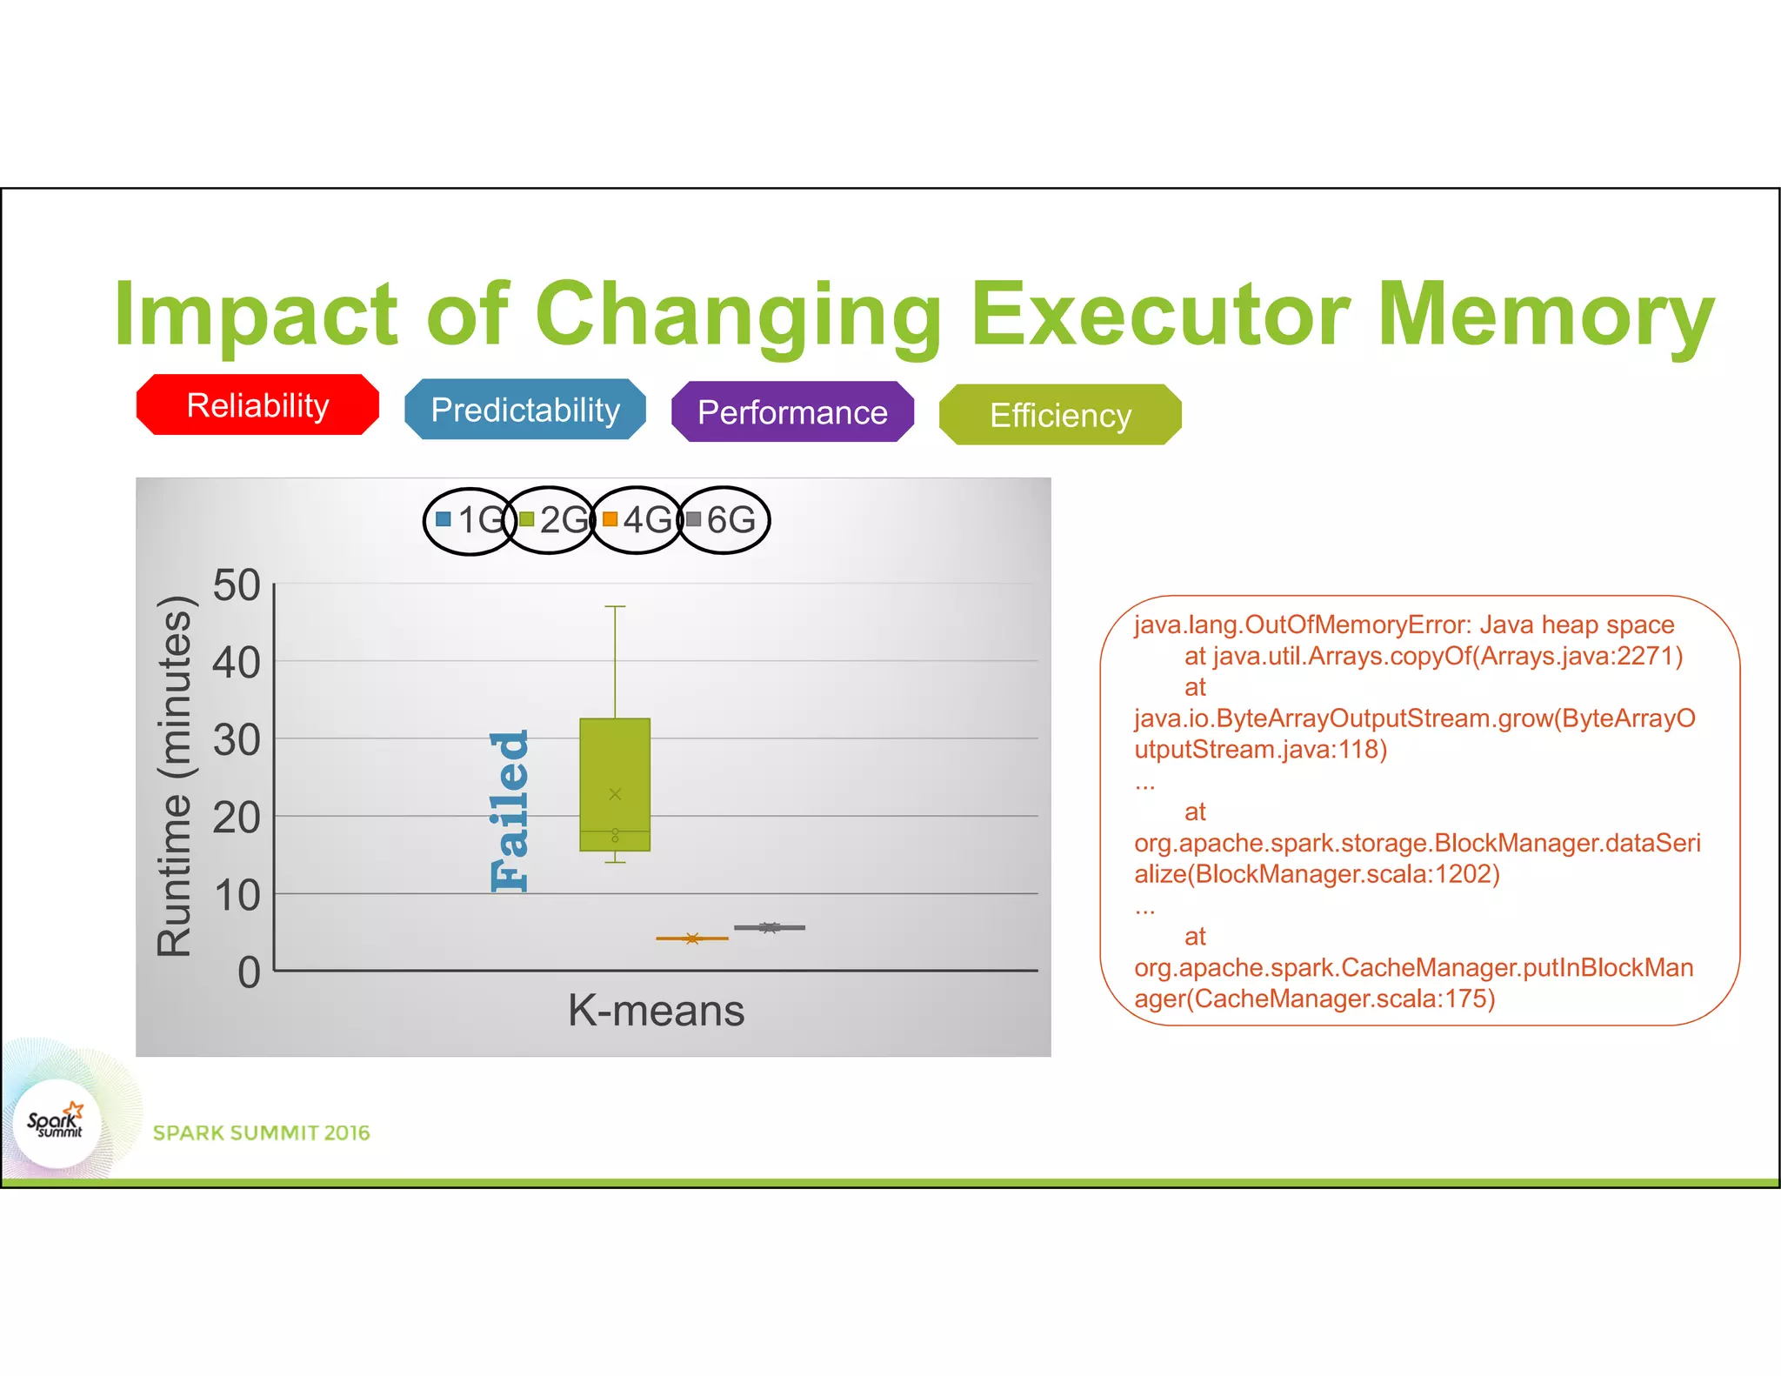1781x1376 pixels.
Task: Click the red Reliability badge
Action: (x=257, y=405)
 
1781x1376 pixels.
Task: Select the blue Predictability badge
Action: (x=525, y=410)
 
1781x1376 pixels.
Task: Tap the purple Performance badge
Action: (x=792, y=412)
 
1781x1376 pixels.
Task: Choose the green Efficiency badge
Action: (x=1060, y=415)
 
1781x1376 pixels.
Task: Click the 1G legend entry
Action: (x=470, y=520)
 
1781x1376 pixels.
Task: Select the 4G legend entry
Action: (x=637, y=520)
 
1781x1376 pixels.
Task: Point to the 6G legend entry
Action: (x=722, y=520)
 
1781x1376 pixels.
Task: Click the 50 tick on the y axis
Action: (x=237, y=585)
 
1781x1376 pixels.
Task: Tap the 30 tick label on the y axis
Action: (x=237, y=740)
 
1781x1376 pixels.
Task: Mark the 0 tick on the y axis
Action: (x=249, y=972)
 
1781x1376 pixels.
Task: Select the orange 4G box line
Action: (x=692, y=938)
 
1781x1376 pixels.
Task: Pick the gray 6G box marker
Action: (x=770, y=928)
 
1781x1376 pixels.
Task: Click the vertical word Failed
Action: (x=510, y=811)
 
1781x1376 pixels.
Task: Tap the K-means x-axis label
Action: (x=656, y=1011)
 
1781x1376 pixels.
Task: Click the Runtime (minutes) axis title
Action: (x=174, y=776)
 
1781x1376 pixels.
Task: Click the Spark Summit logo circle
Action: (x=57, y=1123)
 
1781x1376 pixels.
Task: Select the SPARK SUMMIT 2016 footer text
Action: (x=261, y=1132)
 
